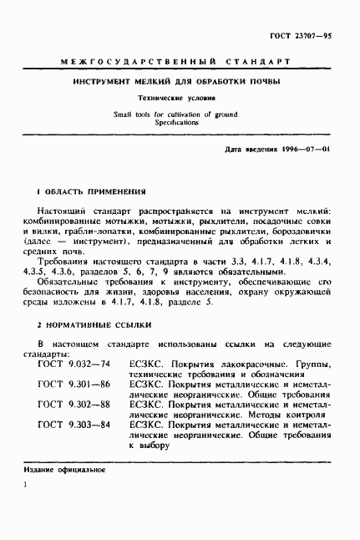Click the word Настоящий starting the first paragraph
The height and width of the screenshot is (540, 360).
[69, 215]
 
